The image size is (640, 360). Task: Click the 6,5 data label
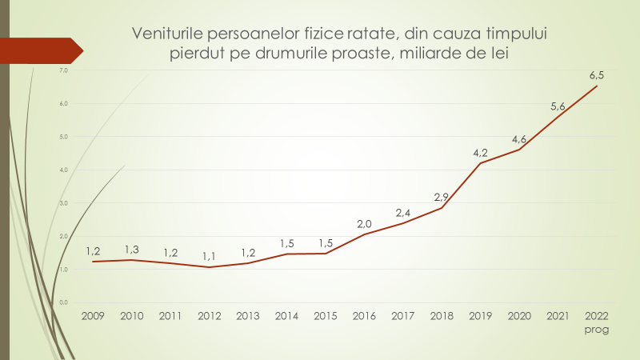597,75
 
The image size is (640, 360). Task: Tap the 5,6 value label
558,106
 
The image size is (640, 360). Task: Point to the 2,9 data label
442,197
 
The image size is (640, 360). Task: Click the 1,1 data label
209,256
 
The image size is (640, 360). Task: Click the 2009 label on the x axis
93,316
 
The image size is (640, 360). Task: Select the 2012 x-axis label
209,316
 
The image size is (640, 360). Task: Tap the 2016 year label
364,316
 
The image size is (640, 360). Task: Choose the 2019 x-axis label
480,316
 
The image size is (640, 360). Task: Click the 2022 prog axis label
597,322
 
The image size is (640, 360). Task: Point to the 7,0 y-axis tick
64,71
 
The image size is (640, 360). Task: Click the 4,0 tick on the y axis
64,170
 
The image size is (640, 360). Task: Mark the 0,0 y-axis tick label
64,302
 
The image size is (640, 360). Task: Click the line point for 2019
480,163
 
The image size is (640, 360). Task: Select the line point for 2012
209,267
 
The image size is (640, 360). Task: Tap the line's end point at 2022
597,86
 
